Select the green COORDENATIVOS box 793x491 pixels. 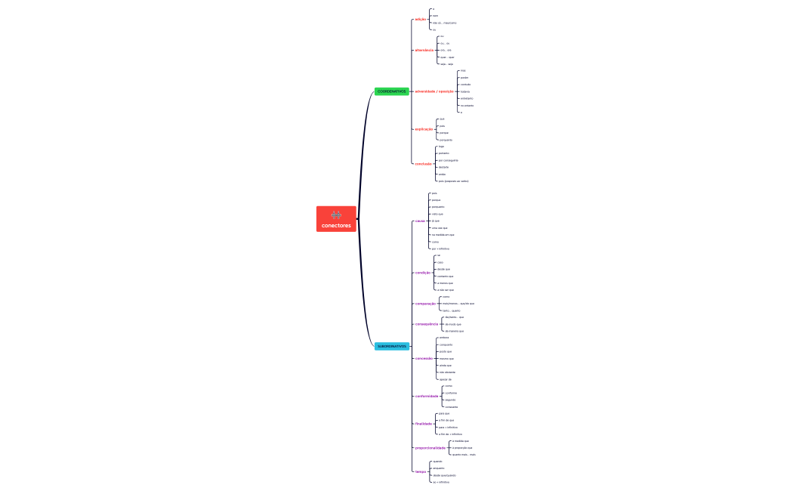click(x=391, y=91)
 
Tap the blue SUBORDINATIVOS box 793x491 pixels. click(x=391, y=347)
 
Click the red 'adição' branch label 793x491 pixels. click(x=421, y=19)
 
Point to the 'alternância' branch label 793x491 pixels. click(x=424, y=50)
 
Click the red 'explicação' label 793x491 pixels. click(x=424, y=129)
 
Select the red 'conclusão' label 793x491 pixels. click(x=423, y=164)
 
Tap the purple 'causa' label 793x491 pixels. click(x=419, y=221)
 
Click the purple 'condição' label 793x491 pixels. click(x=423, y=273)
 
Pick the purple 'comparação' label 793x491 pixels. click(x=425, y=304)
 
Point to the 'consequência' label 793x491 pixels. click(x=426, y=324)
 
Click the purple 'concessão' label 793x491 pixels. click(x=424, y=359)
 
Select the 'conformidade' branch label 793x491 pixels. click(x=427, y=396)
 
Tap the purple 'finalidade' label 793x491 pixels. click(x=424, y=424)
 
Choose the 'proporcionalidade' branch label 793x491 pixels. click(x=430, y=448)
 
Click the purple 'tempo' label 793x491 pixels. click(x=420, y=471)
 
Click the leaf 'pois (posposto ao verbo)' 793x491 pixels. click(x=453, y=181)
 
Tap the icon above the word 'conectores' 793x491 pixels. click(x=336, y=215)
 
